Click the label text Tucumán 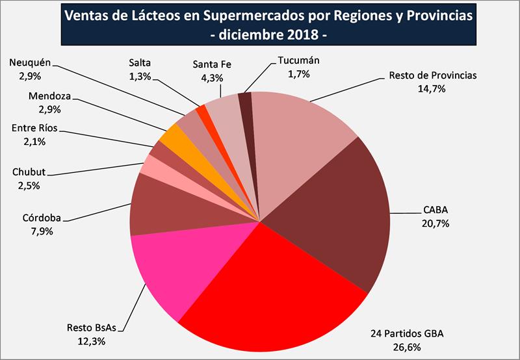298,61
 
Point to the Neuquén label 31,63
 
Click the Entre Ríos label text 36,127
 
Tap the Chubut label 29,174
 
